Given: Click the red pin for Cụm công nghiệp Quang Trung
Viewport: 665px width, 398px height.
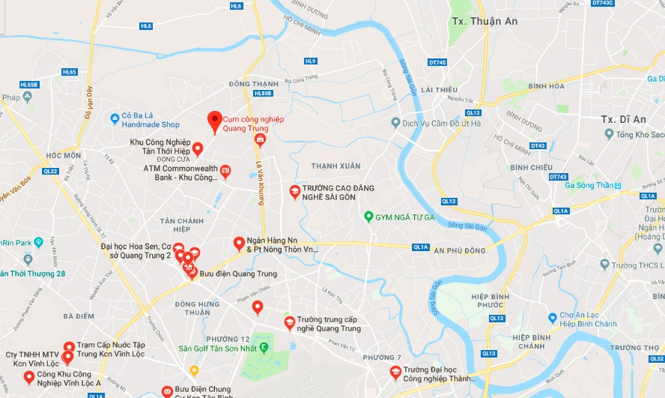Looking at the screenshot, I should point(214,121).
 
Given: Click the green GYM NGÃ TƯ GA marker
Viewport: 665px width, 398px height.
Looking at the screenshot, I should point(368,217).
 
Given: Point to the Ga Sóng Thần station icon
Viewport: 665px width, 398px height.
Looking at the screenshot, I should point(618,185).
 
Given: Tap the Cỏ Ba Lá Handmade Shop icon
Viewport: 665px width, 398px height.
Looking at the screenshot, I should point(115,118).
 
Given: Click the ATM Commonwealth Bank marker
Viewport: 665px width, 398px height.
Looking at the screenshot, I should point(225,172).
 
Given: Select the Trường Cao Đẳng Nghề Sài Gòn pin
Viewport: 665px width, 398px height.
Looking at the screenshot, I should point(295,191).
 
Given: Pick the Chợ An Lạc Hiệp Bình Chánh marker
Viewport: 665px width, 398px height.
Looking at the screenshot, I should point(553,318).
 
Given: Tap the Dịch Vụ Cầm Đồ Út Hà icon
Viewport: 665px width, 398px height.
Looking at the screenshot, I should point(395,122).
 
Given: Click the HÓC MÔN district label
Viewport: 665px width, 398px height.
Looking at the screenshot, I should point(63,155).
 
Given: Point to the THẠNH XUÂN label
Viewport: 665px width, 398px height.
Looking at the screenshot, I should point(331,166).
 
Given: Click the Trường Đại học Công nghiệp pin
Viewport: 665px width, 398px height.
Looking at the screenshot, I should point(395,372).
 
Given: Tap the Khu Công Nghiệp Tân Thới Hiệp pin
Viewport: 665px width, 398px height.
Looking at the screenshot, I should point(198,148).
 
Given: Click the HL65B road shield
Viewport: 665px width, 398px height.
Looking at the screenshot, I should point(28,85).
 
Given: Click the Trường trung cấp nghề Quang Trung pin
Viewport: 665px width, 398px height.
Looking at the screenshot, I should point(289,322).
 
